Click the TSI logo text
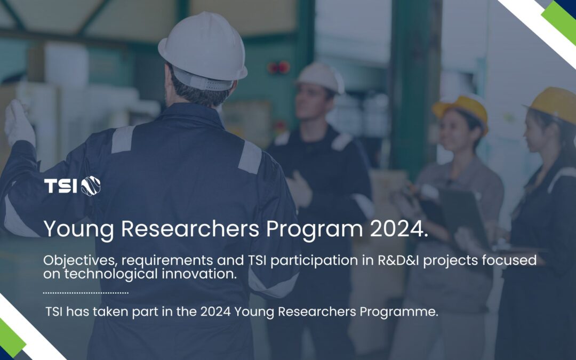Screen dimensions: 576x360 [x=61, y=186]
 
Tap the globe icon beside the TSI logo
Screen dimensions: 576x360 [x=91, y=186]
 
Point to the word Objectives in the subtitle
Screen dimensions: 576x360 [x=81, y=260]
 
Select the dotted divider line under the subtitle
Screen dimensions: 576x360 [x=85, y=293]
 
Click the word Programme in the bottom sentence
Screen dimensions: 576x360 [x=398, y=312]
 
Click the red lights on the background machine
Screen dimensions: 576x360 [x=279, y=67]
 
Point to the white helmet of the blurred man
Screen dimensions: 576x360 [x=321, y=77]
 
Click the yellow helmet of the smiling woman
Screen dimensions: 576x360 [x=462, y=110]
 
